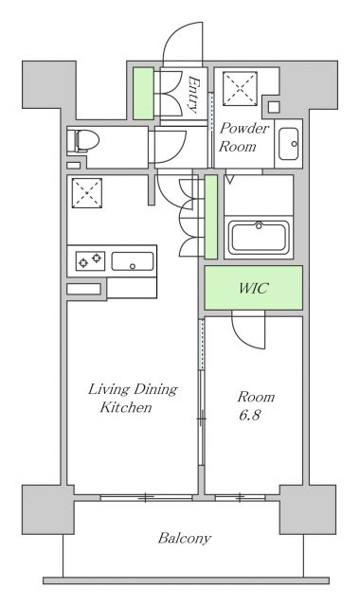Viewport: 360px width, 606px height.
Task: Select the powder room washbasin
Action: pyautogui.click(x=288, y=144)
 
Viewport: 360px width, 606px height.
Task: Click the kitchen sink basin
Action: pyautogui.click(x=133, y=261)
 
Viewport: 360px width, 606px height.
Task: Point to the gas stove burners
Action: pyautogui.click(x=90, y=261)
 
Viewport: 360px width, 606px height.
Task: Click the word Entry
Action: pyautogui.click(x=193, y=95)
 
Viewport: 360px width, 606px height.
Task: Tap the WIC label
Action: pyautogui.click(x=254, y=288)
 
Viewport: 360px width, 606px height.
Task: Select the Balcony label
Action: pyautogui.click(x=185, y=538)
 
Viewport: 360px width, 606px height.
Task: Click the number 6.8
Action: pyautogui.click(x=250, y=415)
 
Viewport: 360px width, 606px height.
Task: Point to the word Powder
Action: pyautogui.click(x=244, y=129)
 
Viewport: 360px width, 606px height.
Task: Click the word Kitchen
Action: pyautogui.click(x=126, y=407)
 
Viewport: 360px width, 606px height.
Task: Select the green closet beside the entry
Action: pyautogui.click(x=143, y=94)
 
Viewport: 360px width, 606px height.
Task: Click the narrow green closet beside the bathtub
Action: pyautogui.click(x=210, y=217)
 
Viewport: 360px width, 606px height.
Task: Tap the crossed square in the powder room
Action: pyautogui.click(x=240, y=88)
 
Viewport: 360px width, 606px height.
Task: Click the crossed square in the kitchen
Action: pyautogui.click(x=87, y=193)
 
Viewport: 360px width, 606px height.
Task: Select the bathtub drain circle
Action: pyautogui.click(x=259, y=225)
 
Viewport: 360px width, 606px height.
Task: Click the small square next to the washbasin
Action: pyautogui.click(x=274, y=107)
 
